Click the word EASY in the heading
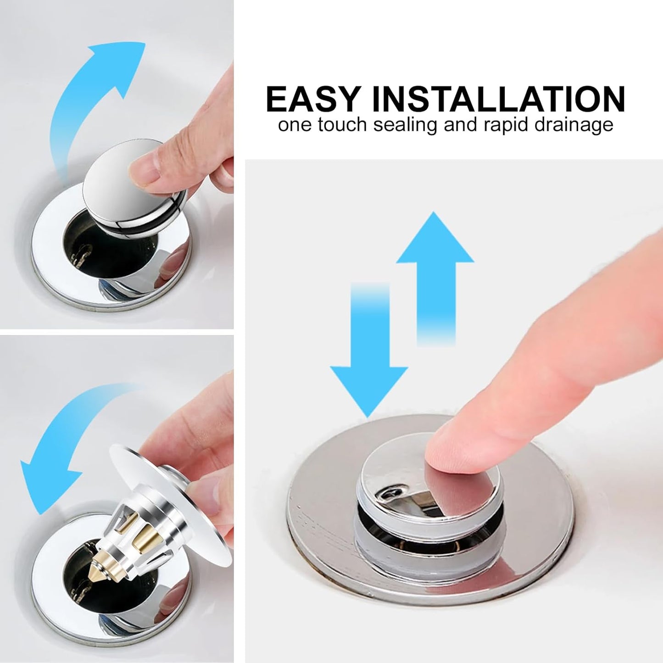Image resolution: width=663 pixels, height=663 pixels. point(312,99)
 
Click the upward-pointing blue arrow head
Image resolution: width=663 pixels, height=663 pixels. point(435,241)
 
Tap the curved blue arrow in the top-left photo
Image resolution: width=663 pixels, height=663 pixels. point(92,92)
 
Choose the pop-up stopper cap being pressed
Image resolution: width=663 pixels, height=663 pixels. point(399,486)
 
